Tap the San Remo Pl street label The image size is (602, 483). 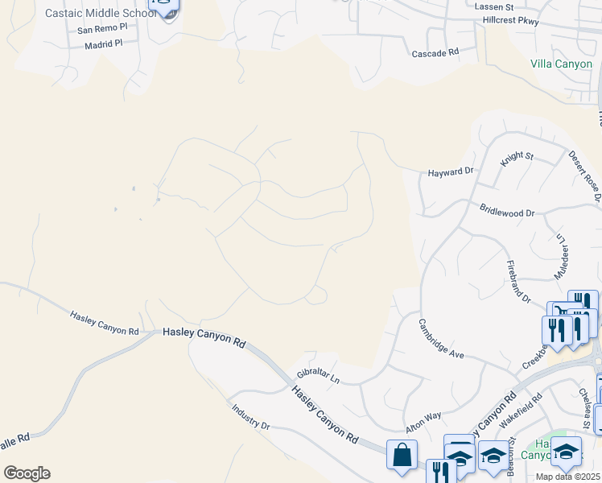(x=102, y=29)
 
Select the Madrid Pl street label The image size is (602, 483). (x=103, y=46)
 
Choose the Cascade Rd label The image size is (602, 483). (x=435, y=52)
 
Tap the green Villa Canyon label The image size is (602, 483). (x=561, y=64)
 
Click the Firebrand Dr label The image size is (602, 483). (x=518, y=281)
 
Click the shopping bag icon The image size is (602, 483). (x=401, y=454)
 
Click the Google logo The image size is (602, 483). (x=27, y=473)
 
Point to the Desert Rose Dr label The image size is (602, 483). (x=585, y=175)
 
